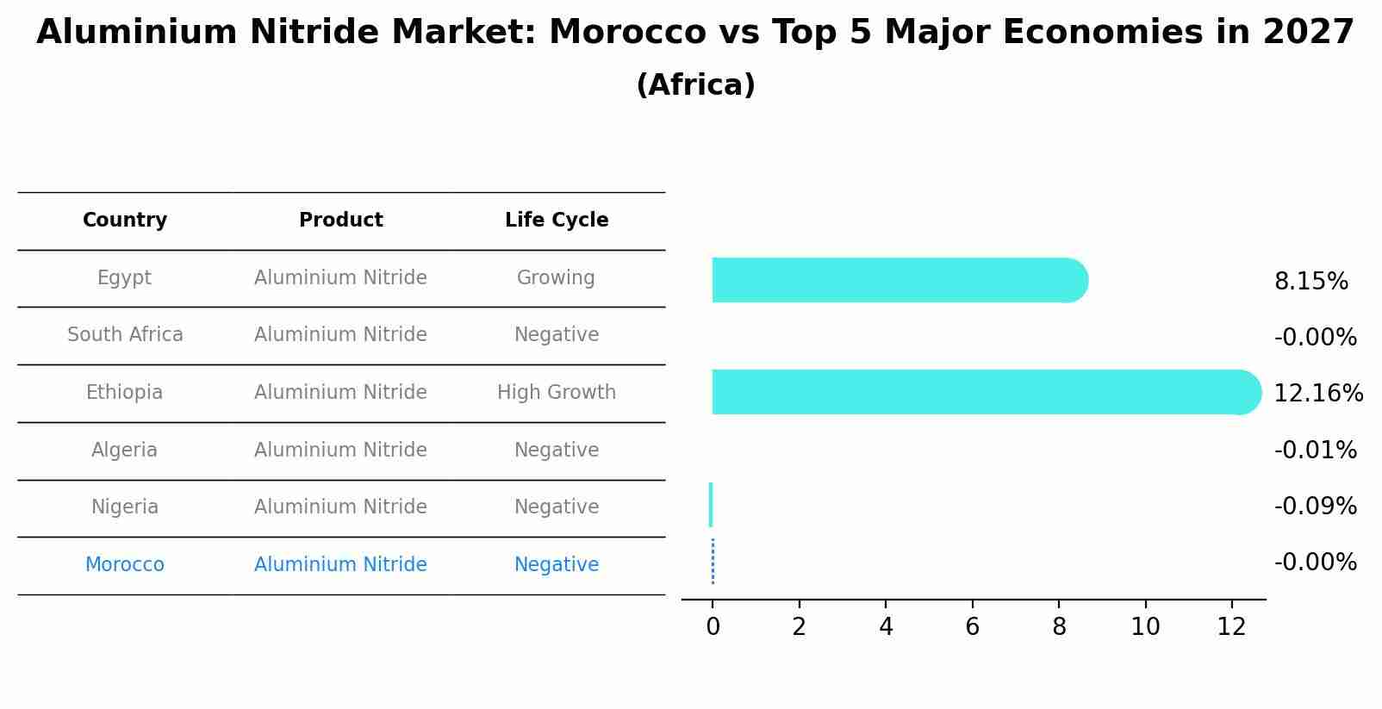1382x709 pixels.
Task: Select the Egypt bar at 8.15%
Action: click(x=896, y=280)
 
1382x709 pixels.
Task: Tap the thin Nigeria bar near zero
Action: click(x=711, y=505)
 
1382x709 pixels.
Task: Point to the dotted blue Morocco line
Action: click(x=713, y=562)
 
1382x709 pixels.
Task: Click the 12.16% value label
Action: click(x=1317, y=394)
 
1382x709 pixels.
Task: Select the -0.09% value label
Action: click(x=1315, y=507)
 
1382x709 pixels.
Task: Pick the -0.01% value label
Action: click(x=1315, y=451)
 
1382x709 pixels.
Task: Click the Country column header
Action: click(x=125, y=221)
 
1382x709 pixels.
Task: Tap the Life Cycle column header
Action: click(x=557, y=221)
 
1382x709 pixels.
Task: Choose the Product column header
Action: click(x=341, y=221)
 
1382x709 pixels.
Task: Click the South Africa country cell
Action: click(x=125, y=335)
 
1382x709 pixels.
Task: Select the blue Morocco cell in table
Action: click(x=125, y=565)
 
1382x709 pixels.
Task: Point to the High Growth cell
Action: click(x=557, y=393)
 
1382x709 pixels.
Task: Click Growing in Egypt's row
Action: click(x=556, y=278)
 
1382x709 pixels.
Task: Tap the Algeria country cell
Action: click(x=125, y=451)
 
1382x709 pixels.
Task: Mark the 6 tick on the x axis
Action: click(x=972, y=626)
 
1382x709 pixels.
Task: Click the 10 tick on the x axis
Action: click(x=1145, y=626)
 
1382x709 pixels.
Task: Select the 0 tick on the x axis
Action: click(x=713, y=626)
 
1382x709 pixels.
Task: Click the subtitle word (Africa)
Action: click(x=695, y=85)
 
